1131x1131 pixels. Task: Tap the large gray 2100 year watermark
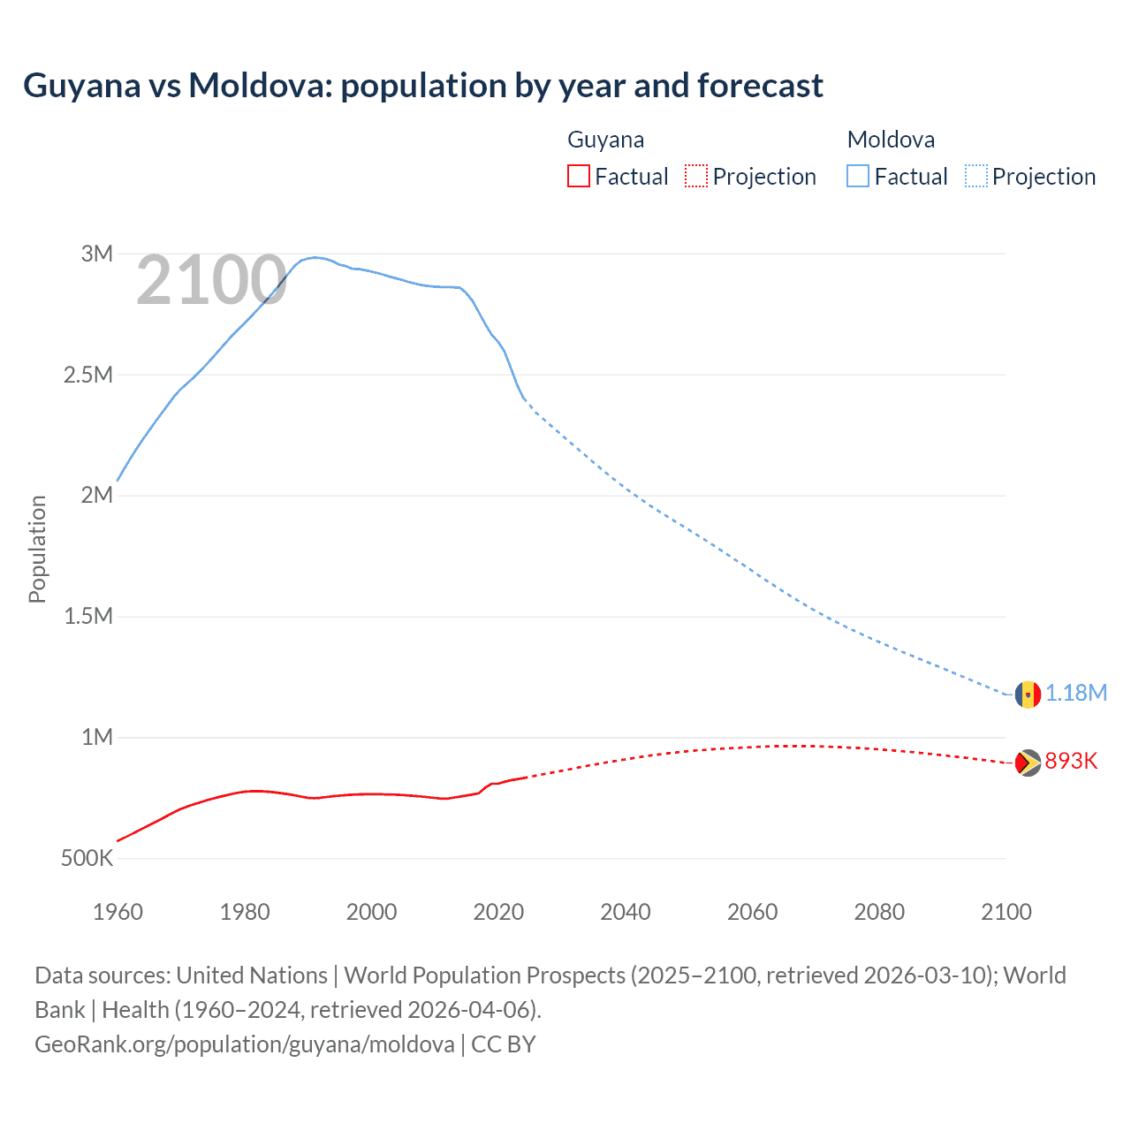click(211, 281)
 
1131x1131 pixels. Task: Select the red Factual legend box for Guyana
click(578, 176)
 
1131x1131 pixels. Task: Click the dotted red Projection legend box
click(696, 176)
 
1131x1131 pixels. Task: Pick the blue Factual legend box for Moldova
click(858, 176)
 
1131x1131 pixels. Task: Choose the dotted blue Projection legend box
click(975, 176)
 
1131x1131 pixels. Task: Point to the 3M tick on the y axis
click(97, 254)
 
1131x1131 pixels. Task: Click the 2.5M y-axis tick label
click(88, 375)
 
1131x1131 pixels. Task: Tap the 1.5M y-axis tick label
click(88, 616)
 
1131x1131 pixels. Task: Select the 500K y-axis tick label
click(87, 858)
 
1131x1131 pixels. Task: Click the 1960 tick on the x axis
click(118, 912)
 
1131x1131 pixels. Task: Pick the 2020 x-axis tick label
click(498, 912)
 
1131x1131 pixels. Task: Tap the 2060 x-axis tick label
click(752, 912)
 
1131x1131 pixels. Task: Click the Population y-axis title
click(37, 549)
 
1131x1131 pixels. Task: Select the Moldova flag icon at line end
click(1028, 694)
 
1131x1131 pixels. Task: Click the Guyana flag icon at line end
click(1028, 763)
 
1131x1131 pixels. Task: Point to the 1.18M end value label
click(1076, 693)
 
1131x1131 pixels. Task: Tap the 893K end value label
click(1071, 761)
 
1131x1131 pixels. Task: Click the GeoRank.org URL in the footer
click(245, 1044)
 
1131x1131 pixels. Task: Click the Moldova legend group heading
click(891, 140)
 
